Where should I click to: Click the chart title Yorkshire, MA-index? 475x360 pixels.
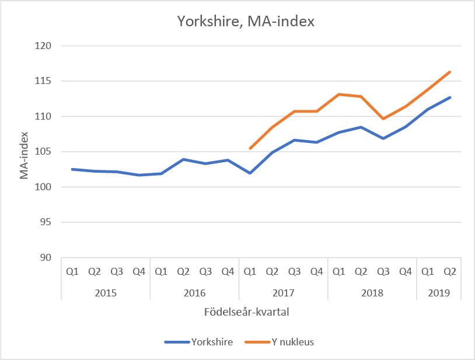click(246, 22)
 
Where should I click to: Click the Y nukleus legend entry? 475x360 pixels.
click(292, 342)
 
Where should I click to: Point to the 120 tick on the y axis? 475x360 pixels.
click(44, 46)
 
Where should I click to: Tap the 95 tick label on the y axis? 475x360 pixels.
click(47, 222)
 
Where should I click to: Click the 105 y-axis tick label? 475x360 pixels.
click(44, 152)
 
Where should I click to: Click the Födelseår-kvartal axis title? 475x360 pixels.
click(247, 312)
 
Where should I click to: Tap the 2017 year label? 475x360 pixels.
click(283, 292)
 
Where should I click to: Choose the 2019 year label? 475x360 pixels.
click(438, 292)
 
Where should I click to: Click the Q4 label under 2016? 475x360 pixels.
click(228, 271)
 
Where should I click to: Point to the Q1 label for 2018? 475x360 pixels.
click(339, 271)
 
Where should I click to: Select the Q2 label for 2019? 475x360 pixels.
click(450, 271)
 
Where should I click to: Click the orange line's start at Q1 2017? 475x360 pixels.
click(250, 148)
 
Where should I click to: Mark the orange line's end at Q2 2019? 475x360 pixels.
click(450, 72)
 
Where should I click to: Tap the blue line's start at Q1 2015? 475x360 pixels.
click(72, 169)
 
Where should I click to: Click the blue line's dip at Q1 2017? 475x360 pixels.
click(250, 173)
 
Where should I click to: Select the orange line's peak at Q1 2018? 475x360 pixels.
click(339, 95)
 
